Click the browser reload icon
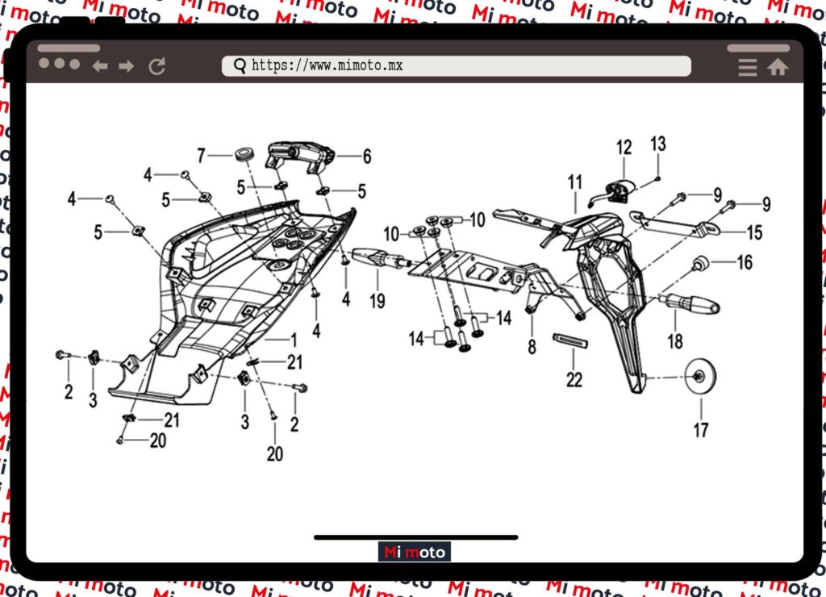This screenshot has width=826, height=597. point(157,66)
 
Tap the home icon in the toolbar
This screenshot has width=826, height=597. point(778,67)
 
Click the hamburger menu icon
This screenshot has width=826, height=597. point(748,67)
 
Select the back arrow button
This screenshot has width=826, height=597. point(100,66)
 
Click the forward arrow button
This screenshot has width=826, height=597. point(127,66)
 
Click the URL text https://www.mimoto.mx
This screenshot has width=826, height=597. point(327,65)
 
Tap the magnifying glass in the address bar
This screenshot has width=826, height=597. point(240,66)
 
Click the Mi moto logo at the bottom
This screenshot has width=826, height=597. point(415,552)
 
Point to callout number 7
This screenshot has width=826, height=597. point(201,156)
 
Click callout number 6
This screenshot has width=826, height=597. point(367,156)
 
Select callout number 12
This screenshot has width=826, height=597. point(624,147)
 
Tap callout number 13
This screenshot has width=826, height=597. point(658,144)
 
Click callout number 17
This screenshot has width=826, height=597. point(701,430)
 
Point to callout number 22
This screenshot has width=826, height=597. point(574,379)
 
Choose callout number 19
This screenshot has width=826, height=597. point(378,301)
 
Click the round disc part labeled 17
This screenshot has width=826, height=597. point(700,376)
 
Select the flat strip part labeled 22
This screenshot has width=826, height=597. point(570,340)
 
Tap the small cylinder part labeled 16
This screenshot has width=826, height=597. point(699,262)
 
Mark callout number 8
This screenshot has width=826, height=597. point(532,347)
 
